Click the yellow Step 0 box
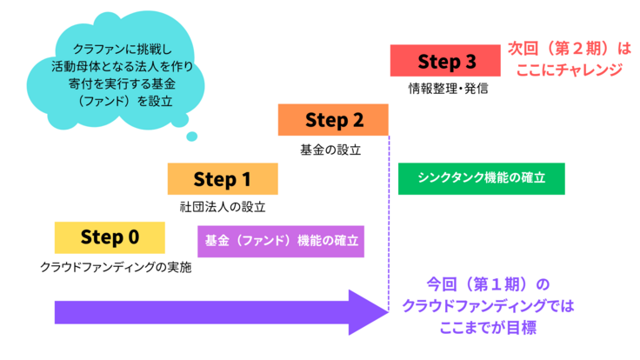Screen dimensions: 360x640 (x=109, y=237)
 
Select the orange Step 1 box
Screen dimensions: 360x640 (x=223, y=179)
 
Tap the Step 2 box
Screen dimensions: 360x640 (x=333, y=120)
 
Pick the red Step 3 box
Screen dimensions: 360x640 (x=446, y=61)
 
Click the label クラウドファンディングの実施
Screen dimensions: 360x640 (x=115, y=267)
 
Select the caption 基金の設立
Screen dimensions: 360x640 (x=330, y=149)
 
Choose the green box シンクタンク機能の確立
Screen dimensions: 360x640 (x=481, y=178)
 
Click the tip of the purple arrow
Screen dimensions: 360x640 (x=384, y=311)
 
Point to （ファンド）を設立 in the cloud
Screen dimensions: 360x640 (x=128, y=102)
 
